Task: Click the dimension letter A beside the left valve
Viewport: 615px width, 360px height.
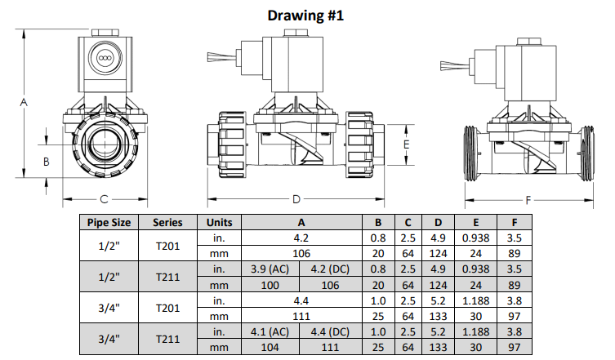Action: [x=24, y=102]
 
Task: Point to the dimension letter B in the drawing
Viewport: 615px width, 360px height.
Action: [x=46, y=162]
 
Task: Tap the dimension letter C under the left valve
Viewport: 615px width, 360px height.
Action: [x=104, y=198]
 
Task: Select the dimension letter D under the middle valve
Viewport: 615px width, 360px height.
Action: [x=296, y=198]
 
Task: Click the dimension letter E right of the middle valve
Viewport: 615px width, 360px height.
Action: [x=406, y=143]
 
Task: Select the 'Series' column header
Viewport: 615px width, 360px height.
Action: [x=167, y=222]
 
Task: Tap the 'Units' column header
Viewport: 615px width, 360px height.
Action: [x=219, y=222]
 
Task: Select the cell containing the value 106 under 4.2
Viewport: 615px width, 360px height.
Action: [x=301, y=253]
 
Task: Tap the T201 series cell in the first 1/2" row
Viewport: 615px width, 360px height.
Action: [x=167, y=245]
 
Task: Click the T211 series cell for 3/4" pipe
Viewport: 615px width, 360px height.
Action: [x=167, y=340]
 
